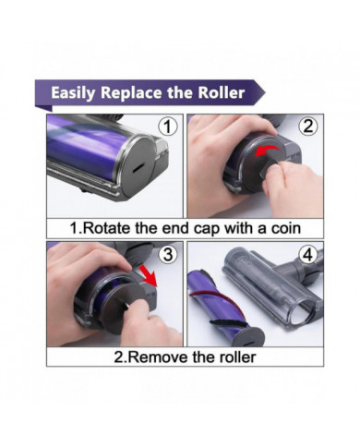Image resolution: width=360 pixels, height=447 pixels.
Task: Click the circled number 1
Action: pyautogui.click(x=168, y=127)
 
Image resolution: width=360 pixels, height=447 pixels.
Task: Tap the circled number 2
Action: pyautogui.click(x=308, y=127)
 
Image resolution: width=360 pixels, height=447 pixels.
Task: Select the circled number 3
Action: pyautogui.click(x=168, y=255)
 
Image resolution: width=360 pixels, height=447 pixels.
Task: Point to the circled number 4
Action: pyautogui.click(x=308, y=255)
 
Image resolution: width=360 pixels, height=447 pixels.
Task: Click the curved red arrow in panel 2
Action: pyautogui.click(x=267, y=150)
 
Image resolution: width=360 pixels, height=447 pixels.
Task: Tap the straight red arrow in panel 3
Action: pyautogui.click(x=149, y=275)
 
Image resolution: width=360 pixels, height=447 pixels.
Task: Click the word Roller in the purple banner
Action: pyautogui.click(x=222, y=92)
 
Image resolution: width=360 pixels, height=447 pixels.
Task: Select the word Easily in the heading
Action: pyautogui.click(x=73, y=93)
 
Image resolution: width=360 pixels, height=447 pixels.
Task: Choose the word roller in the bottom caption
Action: pyautogui.click(x=237, y=357)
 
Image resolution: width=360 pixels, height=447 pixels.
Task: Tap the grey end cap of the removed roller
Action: pyautogui.click(x=248, y=337)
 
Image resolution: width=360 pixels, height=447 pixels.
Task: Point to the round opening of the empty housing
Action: pyautogui.click(x=303, y=311)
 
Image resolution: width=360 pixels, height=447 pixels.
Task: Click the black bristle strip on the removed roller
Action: pyautogui.click(x=223, y=324)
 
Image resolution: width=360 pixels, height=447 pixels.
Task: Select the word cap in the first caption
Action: pyautogui.click(x=206, y=229)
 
